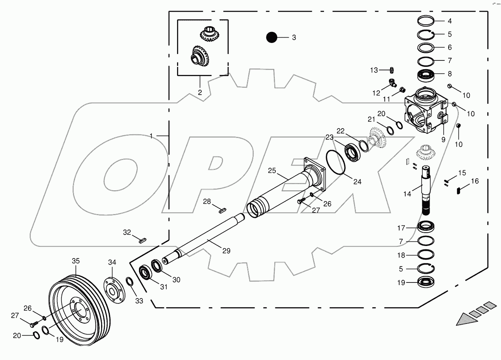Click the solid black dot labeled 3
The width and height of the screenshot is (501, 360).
(272, 37)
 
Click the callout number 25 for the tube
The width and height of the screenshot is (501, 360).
(272, 171)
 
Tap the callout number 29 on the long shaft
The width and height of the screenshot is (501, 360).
(226, 251)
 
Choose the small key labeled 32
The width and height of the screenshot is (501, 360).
(142, 240)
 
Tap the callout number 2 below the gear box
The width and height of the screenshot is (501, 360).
(199, 92)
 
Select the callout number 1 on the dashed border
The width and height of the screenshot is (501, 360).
(151, 136)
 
